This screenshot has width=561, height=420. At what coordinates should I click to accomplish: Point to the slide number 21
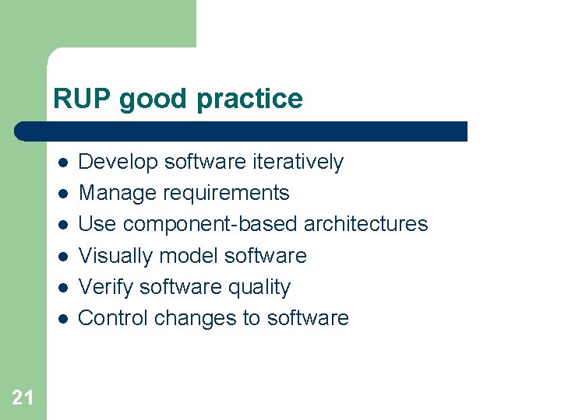click(23, 398)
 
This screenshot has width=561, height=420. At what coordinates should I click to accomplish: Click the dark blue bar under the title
click(242, 131)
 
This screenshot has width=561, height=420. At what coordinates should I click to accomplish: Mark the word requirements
click(227, 193)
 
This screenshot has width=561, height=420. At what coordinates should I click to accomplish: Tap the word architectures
click(365, 224)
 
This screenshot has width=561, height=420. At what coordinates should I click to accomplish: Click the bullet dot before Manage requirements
click(62, 194)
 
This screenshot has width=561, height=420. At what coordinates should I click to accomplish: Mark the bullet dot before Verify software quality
click(62, 288)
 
